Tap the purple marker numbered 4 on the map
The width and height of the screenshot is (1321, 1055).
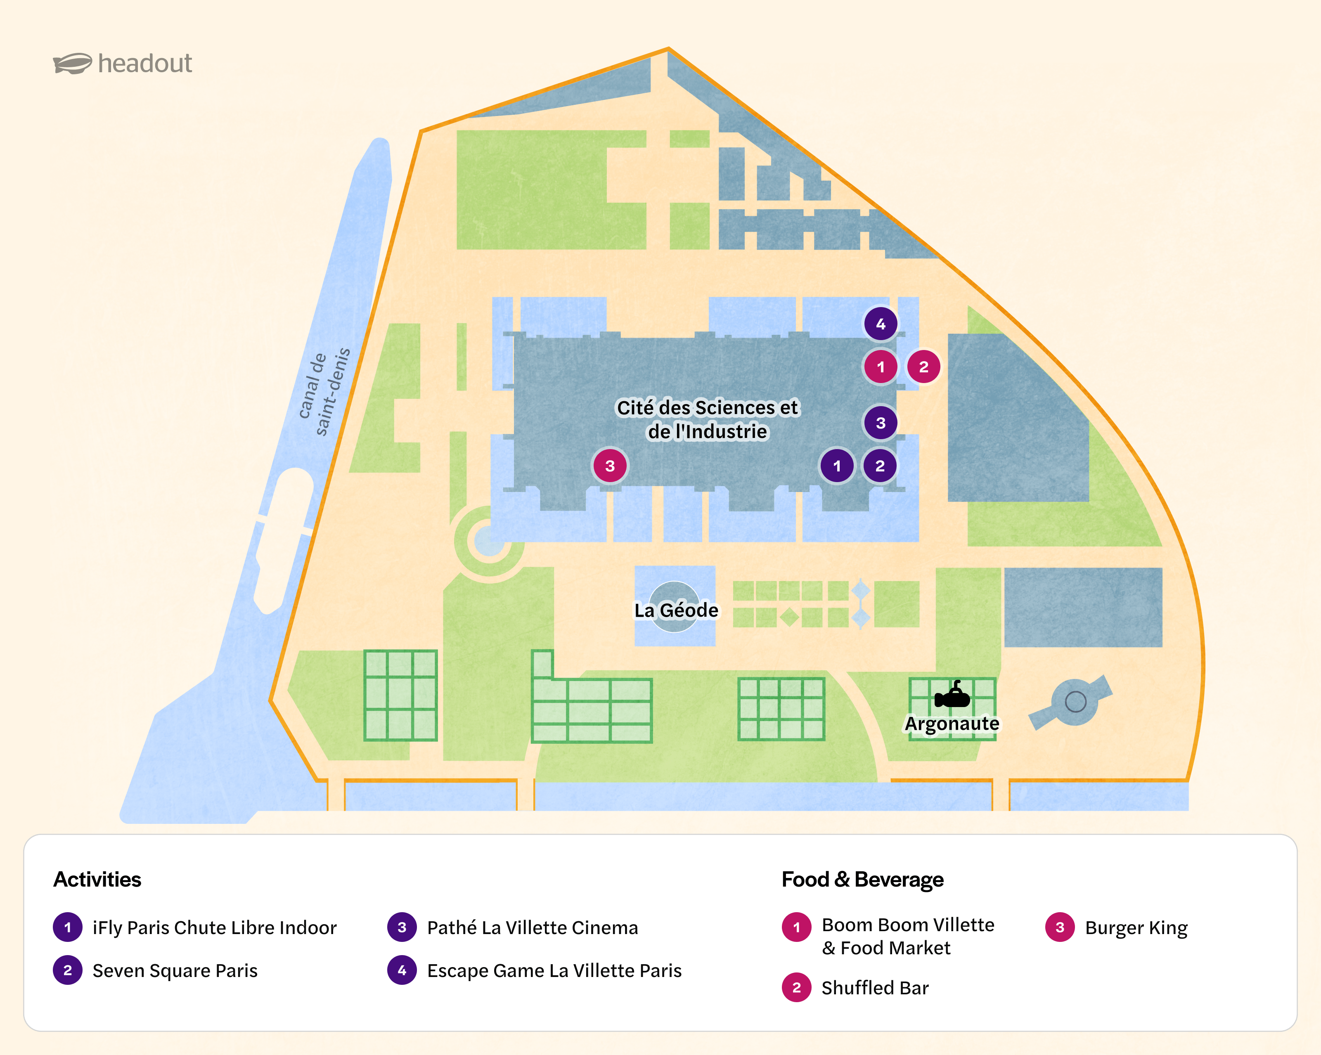click(x=881, y=324)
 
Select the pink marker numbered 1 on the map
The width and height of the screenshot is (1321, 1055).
click(x=881, y=367)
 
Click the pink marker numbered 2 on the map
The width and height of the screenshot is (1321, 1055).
click(x=923, y=367)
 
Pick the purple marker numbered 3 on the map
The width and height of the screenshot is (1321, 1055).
click(x=881, y=423)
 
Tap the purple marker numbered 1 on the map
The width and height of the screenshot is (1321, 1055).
click(x=837, y=466)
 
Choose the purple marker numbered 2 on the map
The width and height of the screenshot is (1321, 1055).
click(x=880, y=466)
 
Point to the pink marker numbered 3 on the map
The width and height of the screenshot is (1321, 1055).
click(x=610, y=466)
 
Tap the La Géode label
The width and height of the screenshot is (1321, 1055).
click(x=676, y=610)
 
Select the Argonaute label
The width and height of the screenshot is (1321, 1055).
click(x=952, y=724)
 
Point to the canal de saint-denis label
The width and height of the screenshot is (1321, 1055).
click(x=324, y=392)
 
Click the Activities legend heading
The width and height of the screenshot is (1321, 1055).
click(x=97, y=879)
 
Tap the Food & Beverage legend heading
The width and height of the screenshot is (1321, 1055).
click(x=862, y=879)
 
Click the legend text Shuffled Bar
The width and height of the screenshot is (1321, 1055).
click(x=874, y=988)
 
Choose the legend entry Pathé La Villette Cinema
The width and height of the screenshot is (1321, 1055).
click(x=532, y=927)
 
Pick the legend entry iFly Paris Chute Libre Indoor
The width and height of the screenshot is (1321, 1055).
click(x=214, y=927)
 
